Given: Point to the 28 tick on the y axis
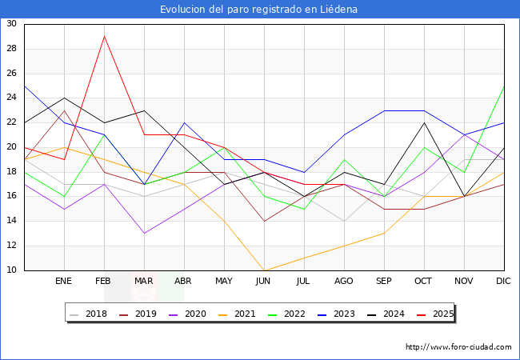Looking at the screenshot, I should click(11, 49).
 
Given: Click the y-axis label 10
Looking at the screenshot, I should click(11, 270).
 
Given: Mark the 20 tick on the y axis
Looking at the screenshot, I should click(11, 147).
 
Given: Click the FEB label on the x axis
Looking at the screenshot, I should click(104, 282).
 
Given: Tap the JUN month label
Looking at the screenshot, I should click(264, 282).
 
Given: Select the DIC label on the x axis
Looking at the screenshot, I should click(504, 282).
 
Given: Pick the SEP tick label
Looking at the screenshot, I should click(384, 282).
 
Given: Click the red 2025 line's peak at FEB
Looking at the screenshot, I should click(104, 36).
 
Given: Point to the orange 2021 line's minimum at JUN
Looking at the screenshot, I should click(264, 270).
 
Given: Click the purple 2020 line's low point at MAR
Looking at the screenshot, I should click(144, 233).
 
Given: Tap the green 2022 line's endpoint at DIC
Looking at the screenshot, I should click(504, 86).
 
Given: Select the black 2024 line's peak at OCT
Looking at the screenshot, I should click(424, 122).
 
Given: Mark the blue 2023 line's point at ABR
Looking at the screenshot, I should click(184, 122).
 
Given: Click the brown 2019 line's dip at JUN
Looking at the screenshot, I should click(264, 221).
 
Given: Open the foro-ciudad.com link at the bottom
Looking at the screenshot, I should click(458, 347).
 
